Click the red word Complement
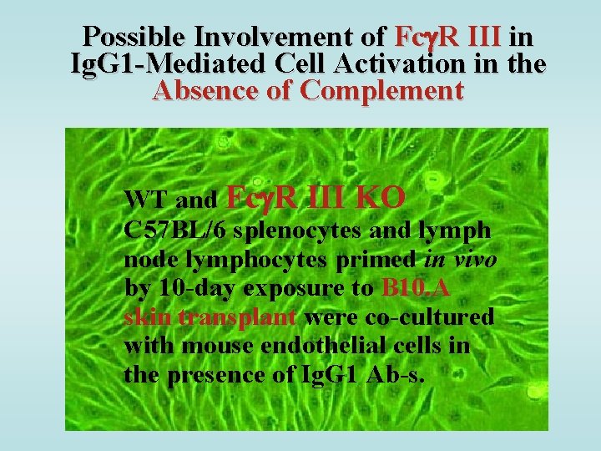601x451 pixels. [x=381, y=90]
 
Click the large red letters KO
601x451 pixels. [x=381, y=197]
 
